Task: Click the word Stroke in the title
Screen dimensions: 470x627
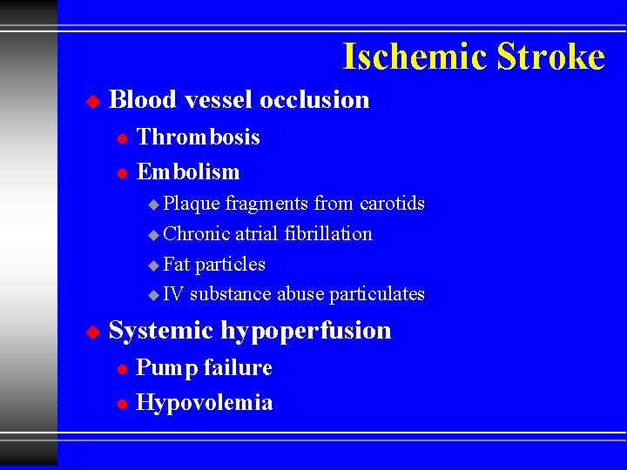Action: [550, 57]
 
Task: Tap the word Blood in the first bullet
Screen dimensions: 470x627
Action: [143, 100]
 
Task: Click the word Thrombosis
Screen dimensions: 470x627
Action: [199, 138]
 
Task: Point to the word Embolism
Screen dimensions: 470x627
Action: [188, 172]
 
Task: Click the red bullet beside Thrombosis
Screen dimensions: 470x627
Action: [122, 138]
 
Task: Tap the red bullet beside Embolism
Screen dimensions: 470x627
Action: [122, 173]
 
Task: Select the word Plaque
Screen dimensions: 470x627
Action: [192, 204]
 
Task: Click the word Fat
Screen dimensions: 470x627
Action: [177, 264]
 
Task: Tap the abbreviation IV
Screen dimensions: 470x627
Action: [173, 294]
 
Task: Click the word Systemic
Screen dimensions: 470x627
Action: [161, 331]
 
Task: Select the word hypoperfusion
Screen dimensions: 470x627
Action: [306, 332]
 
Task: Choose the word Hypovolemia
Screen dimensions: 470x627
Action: [205, 403]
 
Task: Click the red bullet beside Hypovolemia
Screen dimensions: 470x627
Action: [122, 404]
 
